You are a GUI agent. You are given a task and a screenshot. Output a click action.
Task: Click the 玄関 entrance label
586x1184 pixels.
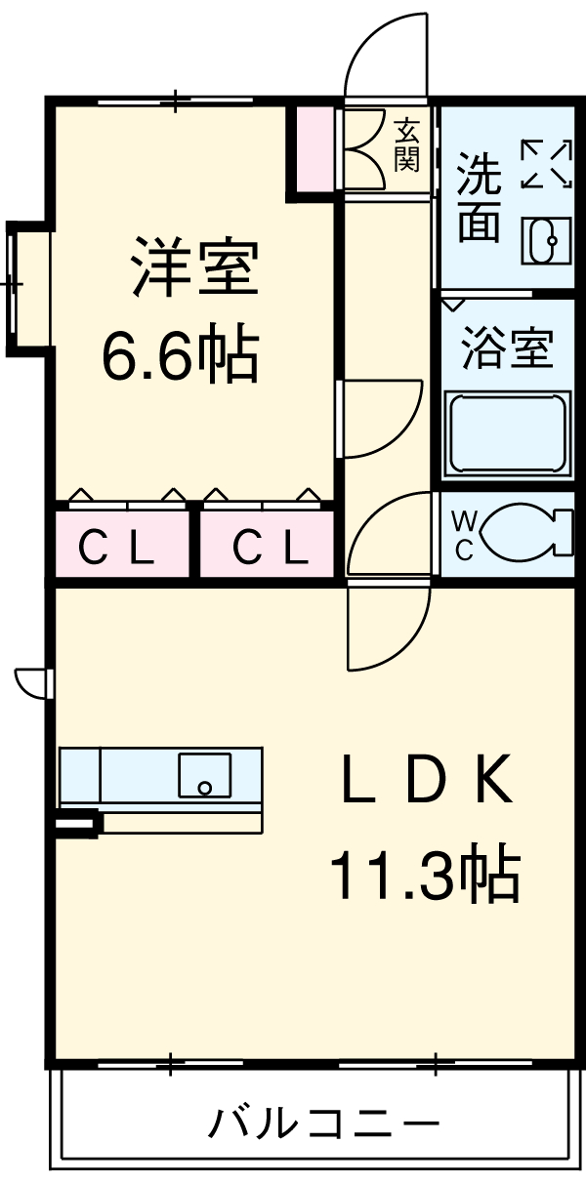406,144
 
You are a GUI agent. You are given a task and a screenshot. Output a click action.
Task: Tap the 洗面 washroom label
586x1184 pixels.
480,199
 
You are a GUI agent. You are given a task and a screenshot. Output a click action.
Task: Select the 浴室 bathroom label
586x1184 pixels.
507,348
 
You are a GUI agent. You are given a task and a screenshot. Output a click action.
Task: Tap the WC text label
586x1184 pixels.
464,536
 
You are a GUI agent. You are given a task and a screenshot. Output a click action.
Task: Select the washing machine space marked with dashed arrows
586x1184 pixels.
545,163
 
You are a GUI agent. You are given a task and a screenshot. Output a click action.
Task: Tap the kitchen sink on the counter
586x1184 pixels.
204,774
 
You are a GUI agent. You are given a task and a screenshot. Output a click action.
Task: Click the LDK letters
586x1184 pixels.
427,781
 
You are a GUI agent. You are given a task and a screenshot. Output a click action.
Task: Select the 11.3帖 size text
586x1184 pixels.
422,876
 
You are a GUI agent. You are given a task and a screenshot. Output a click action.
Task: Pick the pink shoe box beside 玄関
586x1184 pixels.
315,148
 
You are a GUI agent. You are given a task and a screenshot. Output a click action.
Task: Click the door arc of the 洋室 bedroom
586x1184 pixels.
381,420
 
